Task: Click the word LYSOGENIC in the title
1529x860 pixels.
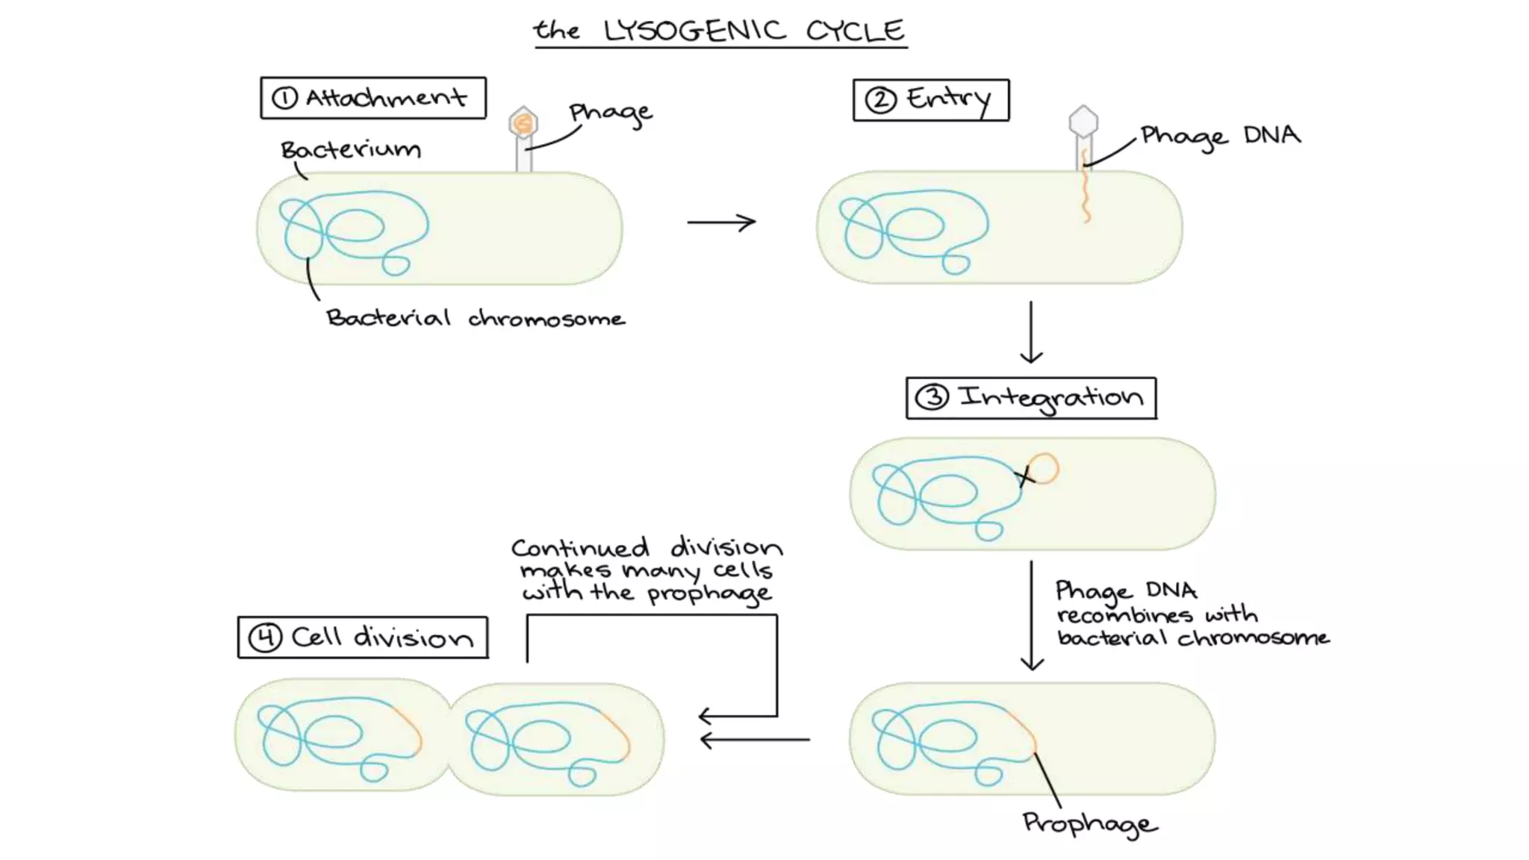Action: tap(694, 31)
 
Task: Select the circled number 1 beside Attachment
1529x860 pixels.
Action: tap(284, 98)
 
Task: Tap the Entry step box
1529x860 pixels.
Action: tap(931, 100)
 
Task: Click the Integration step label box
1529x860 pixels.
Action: tap(1031, 398)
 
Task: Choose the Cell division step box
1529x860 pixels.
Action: tap(363, 638)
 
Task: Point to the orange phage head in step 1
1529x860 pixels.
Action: tap(523, 123)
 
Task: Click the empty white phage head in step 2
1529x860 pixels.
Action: tap(1083, 121)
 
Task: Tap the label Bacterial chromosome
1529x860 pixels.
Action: tap(476, 319)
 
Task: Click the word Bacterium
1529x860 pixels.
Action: tap(350, 150)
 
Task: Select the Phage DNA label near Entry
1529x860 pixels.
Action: tap(1220, 136)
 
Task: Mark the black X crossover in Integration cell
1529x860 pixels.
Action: tap(1025, 476)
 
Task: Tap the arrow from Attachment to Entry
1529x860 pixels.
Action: tap(721, 222)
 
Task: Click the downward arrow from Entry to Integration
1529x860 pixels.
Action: tap(1031, 332)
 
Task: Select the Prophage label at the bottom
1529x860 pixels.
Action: tap(1089, 823)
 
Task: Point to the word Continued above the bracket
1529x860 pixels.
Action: tap(580, 549)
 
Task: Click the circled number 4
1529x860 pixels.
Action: tap(265, 638)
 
